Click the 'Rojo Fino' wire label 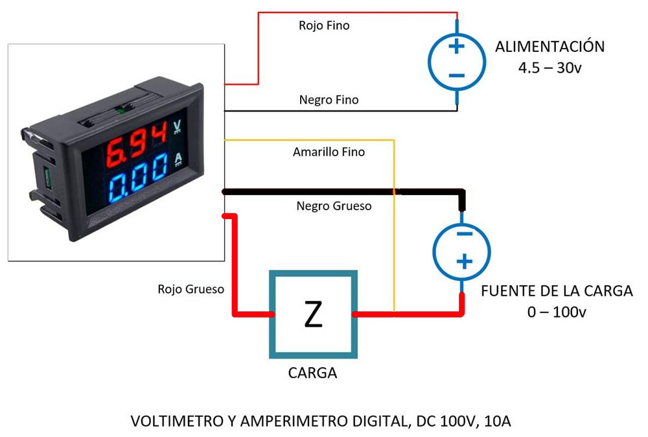pos(324,26)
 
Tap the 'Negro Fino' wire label pos(329,100)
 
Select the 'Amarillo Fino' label pos(329,152)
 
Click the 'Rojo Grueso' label pos(191,289)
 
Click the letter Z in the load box pos(313,314)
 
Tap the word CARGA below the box pos(312,373)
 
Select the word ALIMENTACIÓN pos(550,47)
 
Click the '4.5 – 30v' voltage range pos(550,67)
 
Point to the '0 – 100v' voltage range pos(557,313)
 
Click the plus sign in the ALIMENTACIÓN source pos(456,46)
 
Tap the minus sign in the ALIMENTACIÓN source pos(456,75)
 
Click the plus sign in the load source pos(463,261)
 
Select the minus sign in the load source pos(463,233)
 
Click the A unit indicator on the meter pos(179,158)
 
